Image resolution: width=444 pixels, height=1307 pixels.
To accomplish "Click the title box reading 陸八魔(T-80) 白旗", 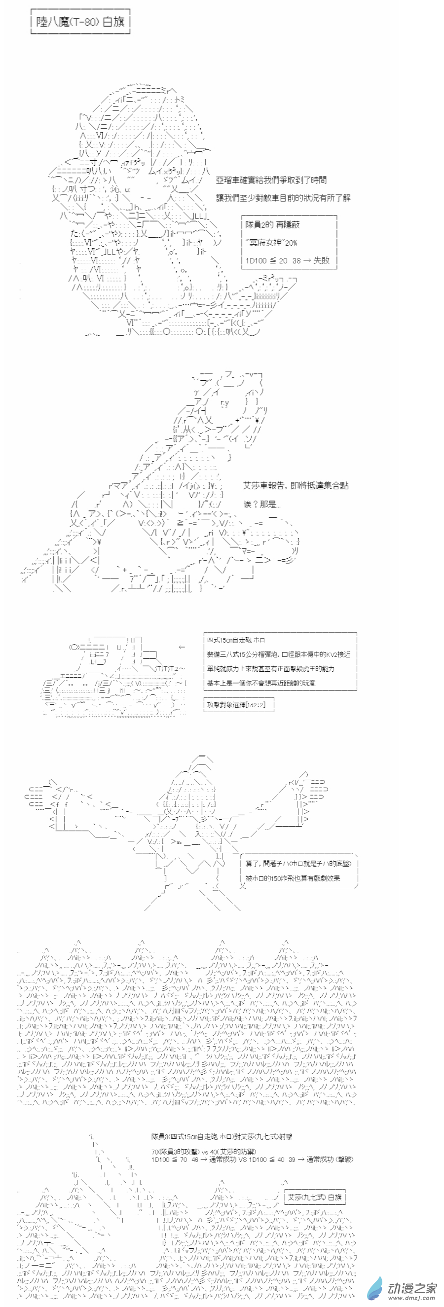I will (x=80, y=22).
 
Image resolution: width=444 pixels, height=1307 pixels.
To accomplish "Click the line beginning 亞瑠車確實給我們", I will (x=271, y=180).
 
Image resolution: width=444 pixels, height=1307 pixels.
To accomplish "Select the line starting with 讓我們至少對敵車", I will (x=283, y=197).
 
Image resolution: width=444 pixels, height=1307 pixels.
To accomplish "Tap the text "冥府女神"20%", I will (x=271, y=243).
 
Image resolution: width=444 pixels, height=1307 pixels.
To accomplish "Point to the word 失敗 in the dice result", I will (x=321, y=260).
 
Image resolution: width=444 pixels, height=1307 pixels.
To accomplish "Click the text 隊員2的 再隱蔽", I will (x=272, y=224).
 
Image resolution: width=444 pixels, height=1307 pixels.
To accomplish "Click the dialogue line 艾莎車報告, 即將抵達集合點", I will (x=296, y=485).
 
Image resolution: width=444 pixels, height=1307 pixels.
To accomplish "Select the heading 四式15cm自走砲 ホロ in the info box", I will (x=235, y=640).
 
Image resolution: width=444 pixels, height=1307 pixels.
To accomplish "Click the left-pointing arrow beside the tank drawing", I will (x=182, y=647).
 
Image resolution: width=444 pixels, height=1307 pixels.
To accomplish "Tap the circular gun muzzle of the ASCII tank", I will (x=74, y=647).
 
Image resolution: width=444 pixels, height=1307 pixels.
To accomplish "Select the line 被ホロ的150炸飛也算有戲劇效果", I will (x=293, y=878).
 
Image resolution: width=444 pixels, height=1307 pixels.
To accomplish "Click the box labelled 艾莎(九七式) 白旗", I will (x=315, y=1197).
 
